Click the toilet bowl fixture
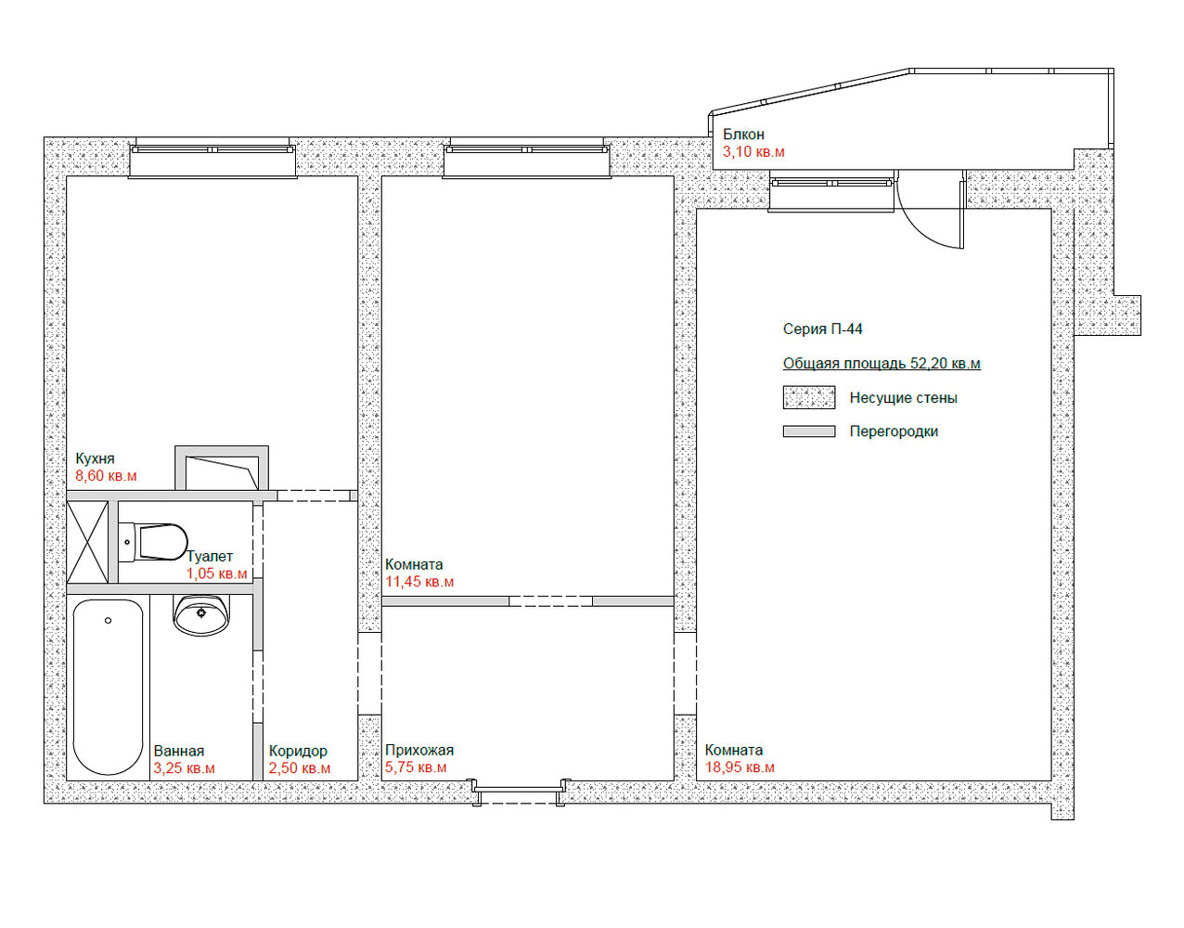(153, 542)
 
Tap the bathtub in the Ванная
(108, 687)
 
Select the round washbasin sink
(201, 614)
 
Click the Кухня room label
(95, 458)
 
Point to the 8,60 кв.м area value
(106, 476)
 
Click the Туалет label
(210, 557)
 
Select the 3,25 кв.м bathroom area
(184, 768)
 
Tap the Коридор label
(298, 751)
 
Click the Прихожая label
(419, 751)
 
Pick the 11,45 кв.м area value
(419, 582)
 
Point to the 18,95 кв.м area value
(740, 767)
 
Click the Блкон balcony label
(744, 134)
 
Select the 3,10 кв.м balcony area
(753, 151)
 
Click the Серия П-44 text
(823, 329)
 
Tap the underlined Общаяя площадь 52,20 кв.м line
(882, 364)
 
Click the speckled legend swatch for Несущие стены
(809, 397)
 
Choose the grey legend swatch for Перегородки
(809, 432)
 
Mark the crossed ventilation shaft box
(87, 542)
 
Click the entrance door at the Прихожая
(521, 792)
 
